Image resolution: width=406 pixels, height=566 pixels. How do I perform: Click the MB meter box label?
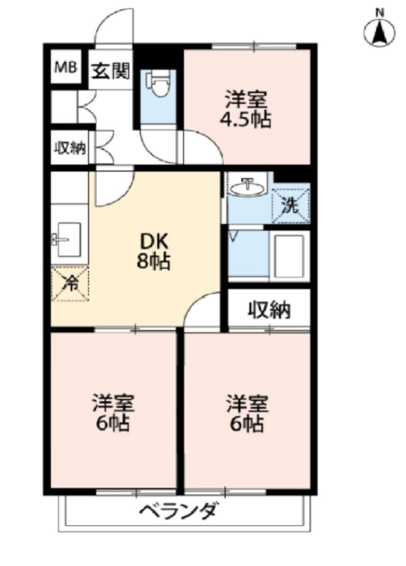65,67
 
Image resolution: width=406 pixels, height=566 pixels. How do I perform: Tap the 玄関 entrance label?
110,71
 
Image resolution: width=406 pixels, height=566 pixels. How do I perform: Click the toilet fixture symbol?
158,83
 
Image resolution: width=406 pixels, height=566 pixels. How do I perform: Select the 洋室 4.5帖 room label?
246,109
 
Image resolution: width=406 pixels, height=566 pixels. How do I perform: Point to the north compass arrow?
379,32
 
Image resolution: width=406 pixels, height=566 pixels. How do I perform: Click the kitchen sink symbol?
69,239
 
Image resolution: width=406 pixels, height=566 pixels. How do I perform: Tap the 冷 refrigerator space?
70,284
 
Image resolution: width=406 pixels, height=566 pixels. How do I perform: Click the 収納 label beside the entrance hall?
70,148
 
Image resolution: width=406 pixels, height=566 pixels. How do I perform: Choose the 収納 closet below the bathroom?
269,310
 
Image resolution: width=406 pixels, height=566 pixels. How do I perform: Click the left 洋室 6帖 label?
113,413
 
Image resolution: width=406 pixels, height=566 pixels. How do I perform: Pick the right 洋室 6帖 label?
247,413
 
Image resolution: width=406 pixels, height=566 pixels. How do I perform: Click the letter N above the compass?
379,13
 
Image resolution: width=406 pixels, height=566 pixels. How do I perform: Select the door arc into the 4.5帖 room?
211,139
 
